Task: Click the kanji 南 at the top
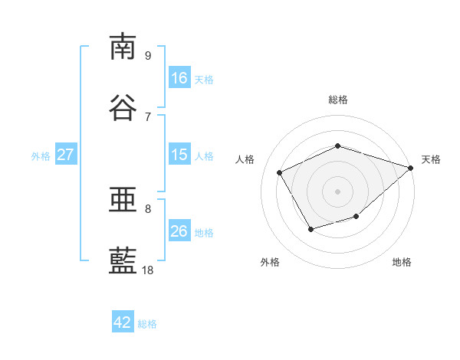tap(123, 46)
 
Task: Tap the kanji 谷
tap(123, 107)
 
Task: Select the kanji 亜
tap(123, 199)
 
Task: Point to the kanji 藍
tap(123, 260)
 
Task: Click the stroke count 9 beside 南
tap(148, 55)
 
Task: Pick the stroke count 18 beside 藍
tap(147, 270)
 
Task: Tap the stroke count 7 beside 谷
tap(148, 117)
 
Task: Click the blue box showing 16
tap(179, 77)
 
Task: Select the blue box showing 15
tap(179, 154)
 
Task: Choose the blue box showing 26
tap(179, 230)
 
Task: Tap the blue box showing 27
tap(66, 154)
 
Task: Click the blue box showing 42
tap(123, 321)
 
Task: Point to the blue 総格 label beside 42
tap(147, 324)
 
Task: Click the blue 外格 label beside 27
tap(41, 156)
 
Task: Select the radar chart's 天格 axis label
tap(431, 159)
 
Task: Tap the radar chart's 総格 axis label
tap(337, 100)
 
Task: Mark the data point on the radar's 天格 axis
tap(411, 168)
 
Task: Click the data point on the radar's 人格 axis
tap(280, 172)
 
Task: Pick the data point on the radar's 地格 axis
tap(356, 216)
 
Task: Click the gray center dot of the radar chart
tap(337, 191)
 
